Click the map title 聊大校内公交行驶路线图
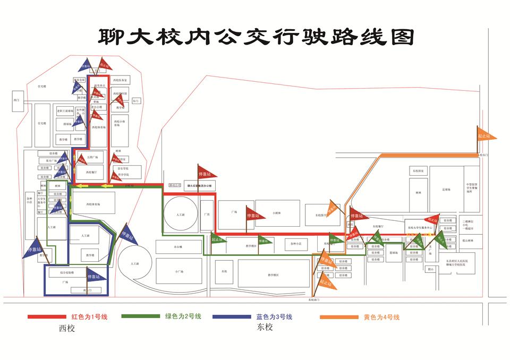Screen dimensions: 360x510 coord(256,37)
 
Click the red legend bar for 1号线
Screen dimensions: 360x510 coord(48,317)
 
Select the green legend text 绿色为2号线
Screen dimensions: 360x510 coord(183,316)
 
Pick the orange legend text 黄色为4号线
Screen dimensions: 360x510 coord(381,318)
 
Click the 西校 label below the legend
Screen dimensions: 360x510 coord(67,329)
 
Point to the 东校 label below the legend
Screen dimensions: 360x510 coord(265,328)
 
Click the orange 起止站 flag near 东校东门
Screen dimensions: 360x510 coord(486,136)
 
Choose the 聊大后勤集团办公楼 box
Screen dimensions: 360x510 coord(199,186)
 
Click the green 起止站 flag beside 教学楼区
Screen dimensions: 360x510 coord(218,240)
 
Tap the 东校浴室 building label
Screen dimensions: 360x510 coord(418,172)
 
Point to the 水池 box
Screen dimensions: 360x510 coord(224,271)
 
